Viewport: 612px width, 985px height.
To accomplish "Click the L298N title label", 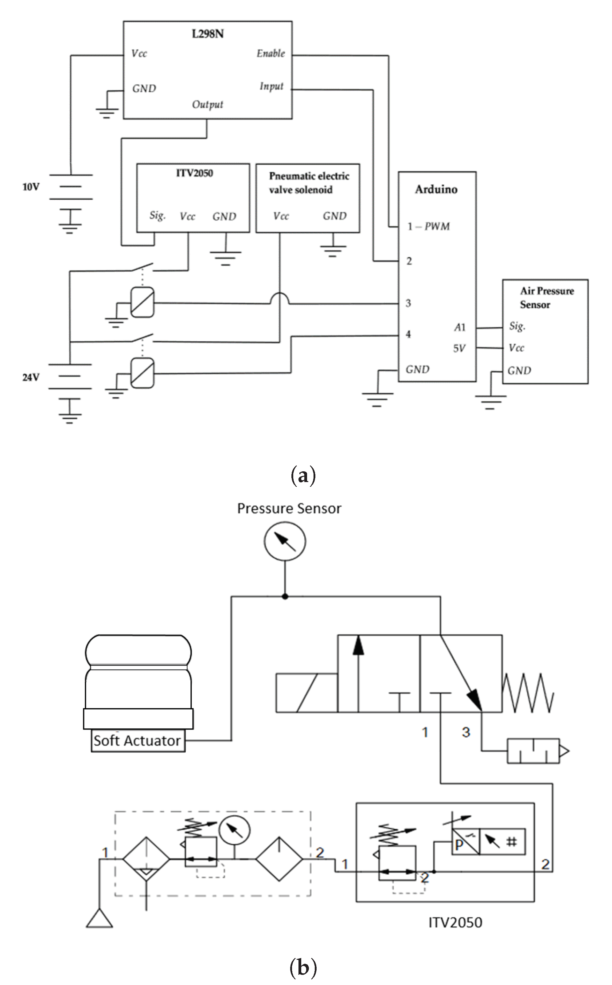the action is point(208,33).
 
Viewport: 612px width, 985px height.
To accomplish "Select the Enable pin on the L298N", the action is point(271,53).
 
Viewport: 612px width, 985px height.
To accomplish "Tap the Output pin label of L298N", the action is point(208,104).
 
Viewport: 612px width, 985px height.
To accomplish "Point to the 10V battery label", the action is point(31,187).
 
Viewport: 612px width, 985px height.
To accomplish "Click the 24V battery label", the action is point(31,377).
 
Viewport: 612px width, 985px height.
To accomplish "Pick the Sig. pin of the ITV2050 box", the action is point(158,215).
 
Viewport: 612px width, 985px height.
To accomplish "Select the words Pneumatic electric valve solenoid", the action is point(309,182).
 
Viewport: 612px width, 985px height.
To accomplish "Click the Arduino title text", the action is point(436,190).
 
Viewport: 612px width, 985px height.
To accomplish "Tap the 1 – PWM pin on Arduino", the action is point(429,226).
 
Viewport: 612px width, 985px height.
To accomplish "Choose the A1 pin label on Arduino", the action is point(460,327).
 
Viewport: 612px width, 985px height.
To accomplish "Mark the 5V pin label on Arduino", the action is point(459,348).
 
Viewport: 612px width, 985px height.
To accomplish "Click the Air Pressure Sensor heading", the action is point(547,298).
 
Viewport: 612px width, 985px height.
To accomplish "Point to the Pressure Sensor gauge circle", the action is point(285,541).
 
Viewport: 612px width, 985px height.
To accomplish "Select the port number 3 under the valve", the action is point(466,732).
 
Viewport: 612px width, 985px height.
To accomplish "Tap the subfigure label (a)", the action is point(303,475).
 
